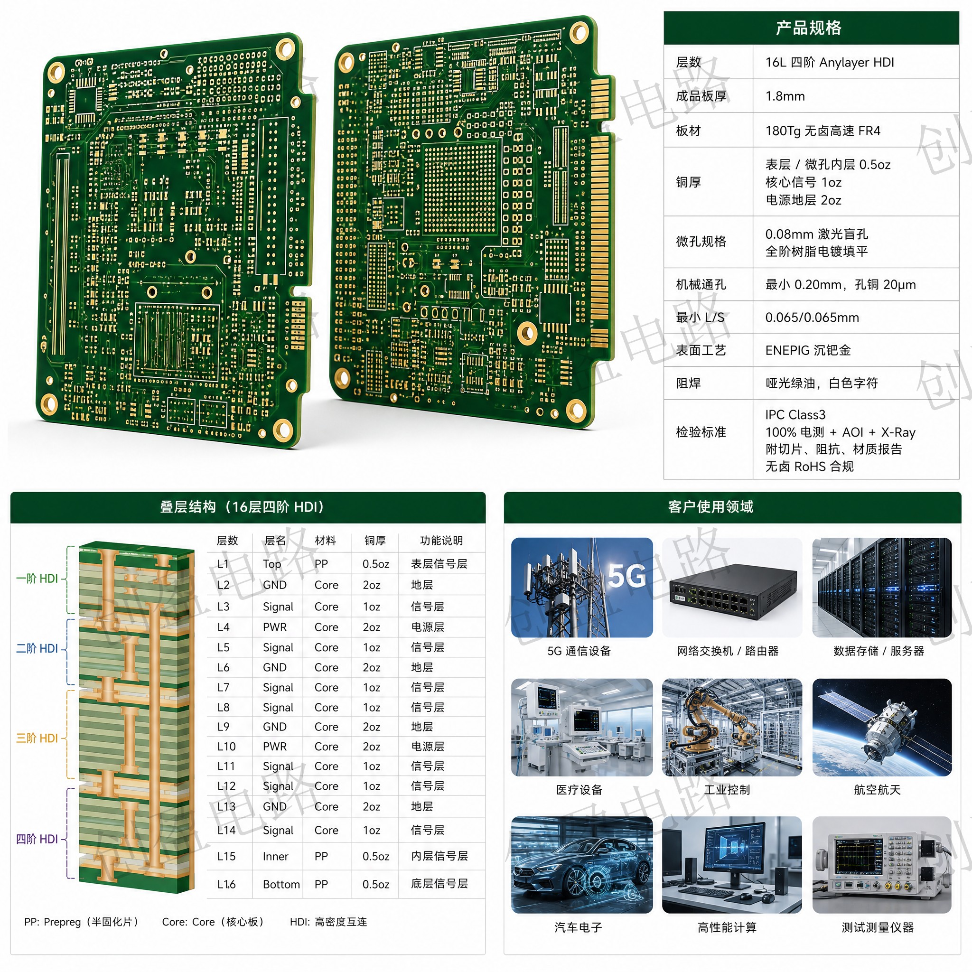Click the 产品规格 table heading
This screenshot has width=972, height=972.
tap(808, 28)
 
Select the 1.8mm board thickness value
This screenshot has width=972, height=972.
tap(785, 96)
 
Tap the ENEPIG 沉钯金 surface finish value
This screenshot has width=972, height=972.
tap(807, 350)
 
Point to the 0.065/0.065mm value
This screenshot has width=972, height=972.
tap(812, 318)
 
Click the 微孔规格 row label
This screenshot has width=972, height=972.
tap(701, 242)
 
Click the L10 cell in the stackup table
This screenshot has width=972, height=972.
tap(226, 747)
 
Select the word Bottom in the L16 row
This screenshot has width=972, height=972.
tap(281, 885)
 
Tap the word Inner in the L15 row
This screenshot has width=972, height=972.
tap(275, 856)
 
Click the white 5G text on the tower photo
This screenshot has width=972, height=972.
tap(627, 576)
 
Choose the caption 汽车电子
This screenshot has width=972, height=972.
tap(578, 927)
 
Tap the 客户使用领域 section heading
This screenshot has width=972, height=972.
tap(710, 506)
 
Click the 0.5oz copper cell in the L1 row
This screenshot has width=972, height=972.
tap(376, 564)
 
